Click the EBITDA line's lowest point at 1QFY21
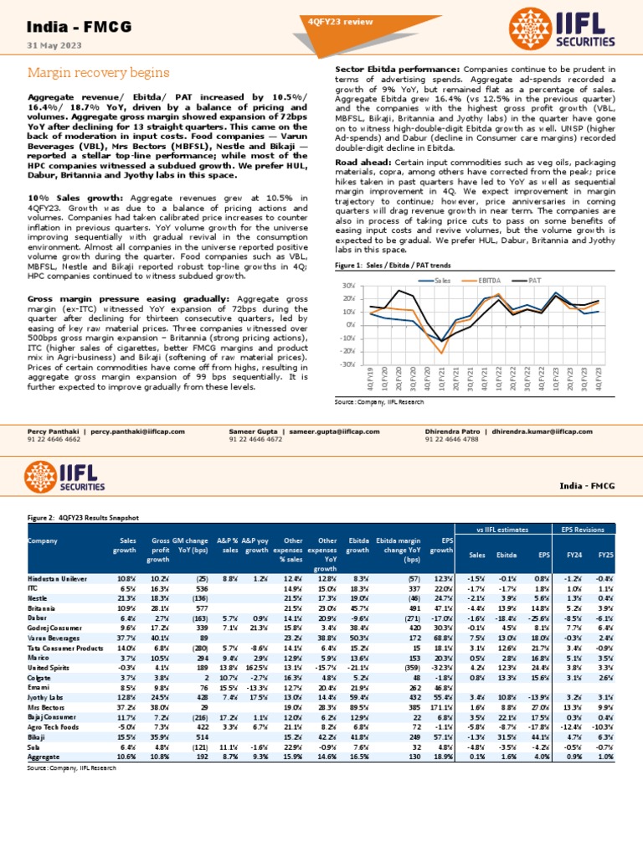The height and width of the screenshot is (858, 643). (442, 353)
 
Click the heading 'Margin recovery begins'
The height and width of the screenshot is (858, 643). (82, 73)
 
